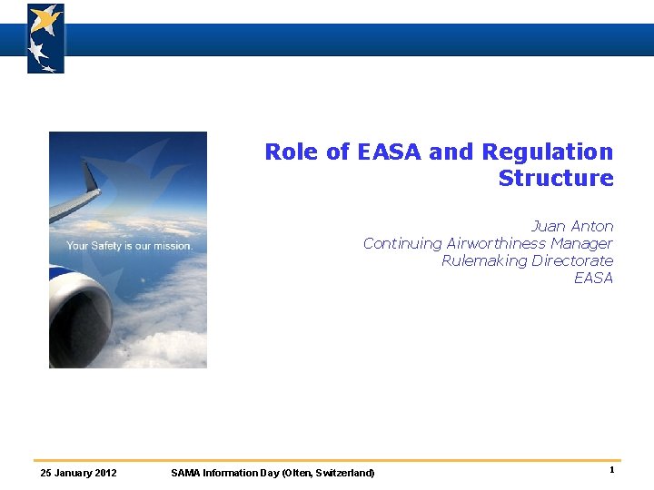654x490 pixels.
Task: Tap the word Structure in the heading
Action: point(556,179)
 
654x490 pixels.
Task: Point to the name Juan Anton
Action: point(571,226)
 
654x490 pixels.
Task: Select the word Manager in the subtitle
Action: point(581,243)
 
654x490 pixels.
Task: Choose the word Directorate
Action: point(572,260)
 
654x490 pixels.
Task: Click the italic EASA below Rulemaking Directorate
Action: point(593,278)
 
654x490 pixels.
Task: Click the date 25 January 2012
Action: point(79,473)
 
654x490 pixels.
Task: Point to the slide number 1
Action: point(612,470)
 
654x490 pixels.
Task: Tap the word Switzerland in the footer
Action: point(344,473)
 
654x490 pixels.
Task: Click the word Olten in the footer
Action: point(297,473)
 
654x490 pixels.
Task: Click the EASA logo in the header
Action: point(45,38)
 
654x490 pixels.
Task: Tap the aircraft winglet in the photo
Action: point(90,177)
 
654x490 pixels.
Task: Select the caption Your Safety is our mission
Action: point(129,246)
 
